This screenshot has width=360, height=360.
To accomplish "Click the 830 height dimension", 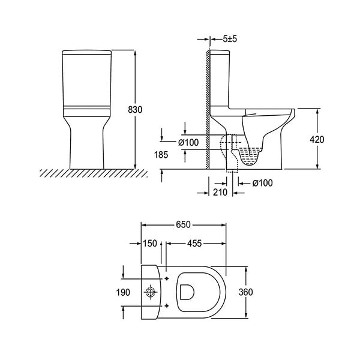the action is click(x=135, y=110).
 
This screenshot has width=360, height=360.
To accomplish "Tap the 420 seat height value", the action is click(x=317, y=139).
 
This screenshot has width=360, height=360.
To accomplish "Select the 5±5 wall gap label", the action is click(x=230, y=39).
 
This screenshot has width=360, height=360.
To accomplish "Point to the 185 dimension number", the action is click(x=161, y=155).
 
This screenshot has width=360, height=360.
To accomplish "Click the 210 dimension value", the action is click(x=220, y=192).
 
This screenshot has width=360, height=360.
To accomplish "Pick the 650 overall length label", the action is click(x=183, y=224).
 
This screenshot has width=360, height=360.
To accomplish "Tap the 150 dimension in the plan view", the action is click(x=150, y=244).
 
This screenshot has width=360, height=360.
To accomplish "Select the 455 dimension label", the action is click(x=194, y=244).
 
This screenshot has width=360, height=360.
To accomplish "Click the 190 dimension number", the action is click(x=123, y=293).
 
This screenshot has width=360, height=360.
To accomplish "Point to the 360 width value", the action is click(x=245, y=292).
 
